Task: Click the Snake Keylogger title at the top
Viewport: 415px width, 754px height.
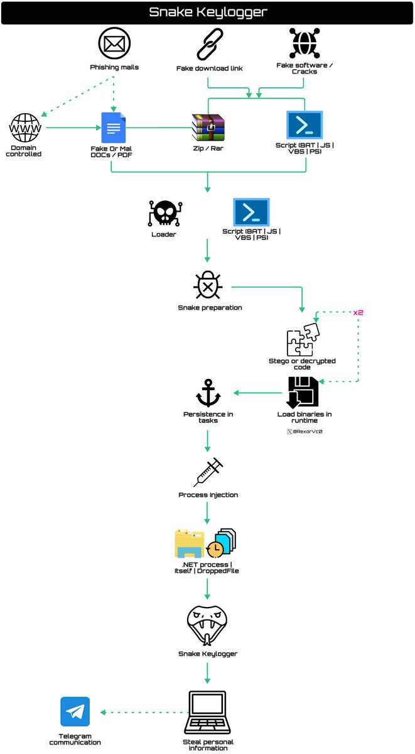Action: pyautogui.click(x=207, y=12)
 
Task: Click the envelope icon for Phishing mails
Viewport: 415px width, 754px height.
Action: pyautogui.click(x=114, y=43)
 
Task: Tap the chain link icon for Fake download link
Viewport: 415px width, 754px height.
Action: pyautogui.click(x=208, y=44)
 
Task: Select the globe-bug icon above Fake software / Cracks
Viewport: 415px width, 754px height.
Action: pyautogui.click(x=305, y=43)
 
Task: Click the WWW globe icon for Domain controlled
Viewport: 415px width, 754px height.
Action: pyautogui.click(x=24, y=129)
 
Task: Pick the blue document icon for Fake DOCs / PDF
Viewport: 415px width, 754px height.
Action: pyautogui.click(x=114, y=127)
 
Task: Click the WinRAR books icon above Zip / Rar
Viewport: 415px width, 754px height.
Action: pyautogui.click(x=208, y=127)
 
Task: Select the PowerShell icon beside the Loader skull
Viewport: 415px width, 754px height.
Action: pyautogui.click(x=251, y=212)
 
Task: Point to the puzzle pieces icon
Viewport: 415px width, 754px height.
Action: pyautogui.click(x=303, y=340)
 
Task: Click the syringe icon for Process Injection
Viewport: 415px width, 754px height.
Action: pyautogui.click(x=208, y=472)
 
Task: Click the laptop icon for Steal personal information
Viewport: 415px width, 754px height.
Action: pyautogui.click(x=208, y=713)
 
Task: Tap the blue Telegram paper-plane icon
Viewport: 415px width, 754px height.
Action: pyautogui.click(x=75, y=712)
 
